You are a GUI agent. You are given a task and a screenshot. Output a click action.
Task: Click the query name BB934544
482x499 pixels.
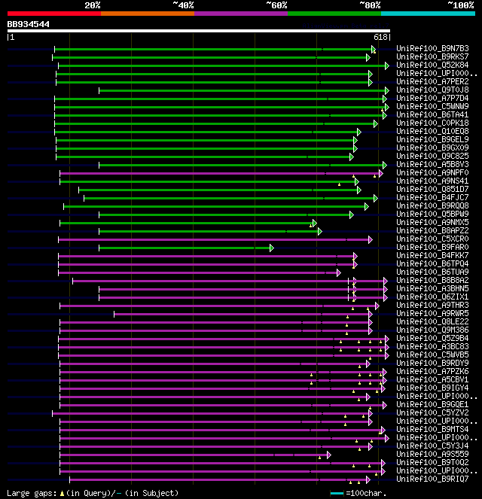29,24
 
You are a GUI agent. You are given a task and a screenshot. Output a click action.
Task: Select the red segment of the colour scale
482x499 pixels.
53,13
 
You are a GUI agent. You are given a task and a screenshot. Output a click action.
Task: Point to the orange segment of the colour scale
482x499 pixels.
147,13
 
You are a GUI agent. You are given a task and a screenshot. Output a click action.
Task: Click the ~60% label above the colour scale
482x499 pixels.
276,5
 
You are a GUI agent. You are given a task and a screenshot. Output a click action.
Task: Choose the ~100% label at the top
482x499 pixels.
460,5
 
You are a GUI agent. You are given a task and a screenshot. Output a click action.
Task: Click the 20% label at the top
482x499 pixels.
93,5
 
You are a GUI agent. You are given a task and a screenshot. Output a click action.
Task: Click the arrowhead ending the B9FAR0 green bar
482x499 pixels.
271,248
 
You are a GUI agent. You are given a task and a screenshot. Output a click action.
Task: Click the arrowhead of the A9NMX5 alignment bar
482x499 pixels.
313,223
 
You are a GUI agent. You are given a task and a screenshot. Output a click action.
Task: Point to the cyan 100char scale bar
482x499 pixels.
337,493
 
